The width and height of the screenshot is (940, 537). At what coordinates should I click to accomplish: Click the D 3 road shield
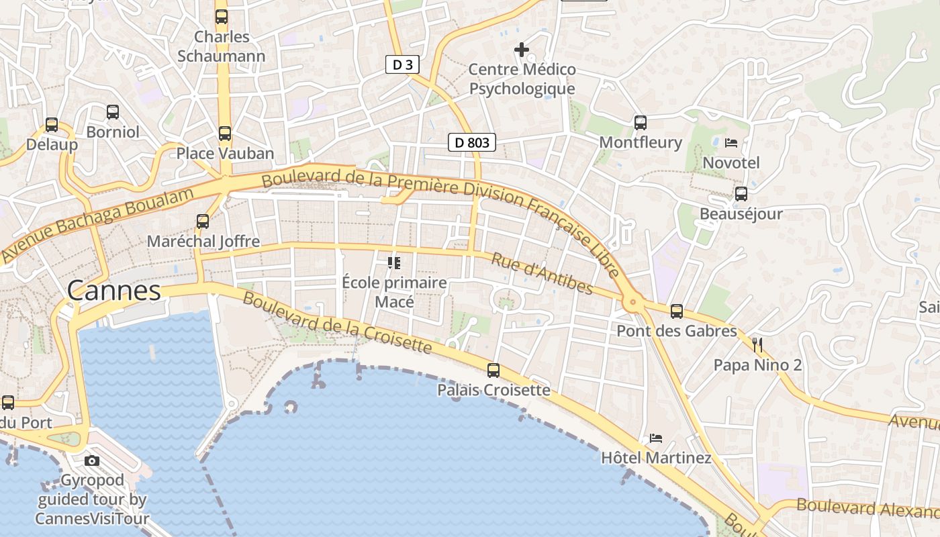[x=403, y=64]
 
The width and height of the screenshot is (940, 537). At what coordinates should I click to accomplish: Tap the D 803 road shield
[x=472, y=142]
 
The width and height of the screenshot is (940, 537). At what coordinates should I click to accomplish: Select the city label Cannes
[x=114, y=291]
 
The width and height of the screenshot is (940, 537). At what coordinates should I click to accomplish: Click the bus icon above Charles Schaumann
[x=222, y=17]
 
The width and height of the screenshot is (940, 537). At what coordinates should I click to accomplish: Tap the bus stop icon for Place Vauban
[x=225, y=133]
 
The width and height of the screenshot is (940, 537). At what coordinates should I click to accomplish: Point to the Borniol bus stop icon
[x=113, y=112]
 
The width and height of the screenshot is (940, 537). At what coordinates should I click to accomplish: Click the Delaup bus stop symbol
[x=52, y=125]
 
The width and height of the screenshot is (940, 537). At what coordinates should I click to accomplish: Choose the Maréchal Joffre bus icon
[x=203, y=221]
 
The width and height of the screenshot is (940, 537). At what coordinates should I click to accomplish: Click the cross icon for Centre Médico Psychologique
[x=522, y=50]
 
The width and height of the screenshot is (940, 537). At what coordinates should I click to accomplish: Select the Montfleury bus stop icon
[x=641, y=122]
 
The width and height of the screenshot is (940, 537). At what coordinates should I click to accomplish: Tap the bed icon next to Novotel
[x=731, y=142]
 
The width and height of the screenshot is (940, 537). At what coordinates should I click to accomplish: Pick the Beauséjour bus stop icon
[x=741, y=194]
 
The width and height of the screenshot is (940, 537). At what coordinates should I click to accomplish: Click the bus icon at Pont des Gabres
[x=677, y=311]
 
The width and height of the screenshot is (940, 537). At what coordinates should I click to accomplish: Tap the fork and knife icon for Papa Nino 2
[x=758, y=345]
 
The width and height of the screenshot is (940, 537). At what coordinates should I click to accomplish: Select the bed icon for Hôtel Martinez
[x=656, y=438]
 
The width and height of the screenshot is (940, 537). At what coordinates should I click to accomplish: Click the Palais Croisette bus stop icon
[x=493, y=370]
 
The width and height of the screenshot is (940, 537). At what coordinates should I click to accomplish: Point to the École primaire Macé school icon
[x=394, y=262]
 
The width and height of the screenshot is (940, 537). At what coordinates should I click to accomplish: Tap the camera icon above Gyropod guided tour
[x=92, y=460]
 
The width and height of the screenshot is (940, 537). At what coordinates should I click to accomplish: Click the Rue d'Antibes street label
[x=542, y=273]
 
